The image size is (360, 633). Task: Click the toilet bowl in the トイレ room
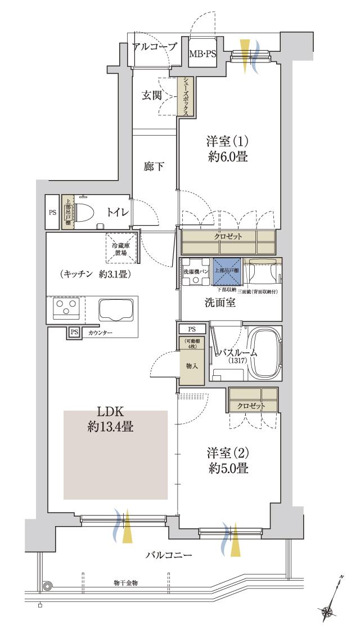[85, 213]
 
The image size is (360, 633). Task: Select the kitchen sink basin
[116, 309]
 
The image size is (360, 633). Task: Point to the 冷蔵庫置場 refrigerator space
[120, 248]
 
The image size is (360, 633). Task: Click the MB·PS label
[202, 54]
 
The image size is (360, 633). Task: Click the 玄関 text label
[152, 95]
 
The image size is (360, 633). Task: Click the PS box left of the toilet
[52, 213]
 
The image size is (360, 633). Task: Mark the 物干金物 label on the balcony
[125, 582]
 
